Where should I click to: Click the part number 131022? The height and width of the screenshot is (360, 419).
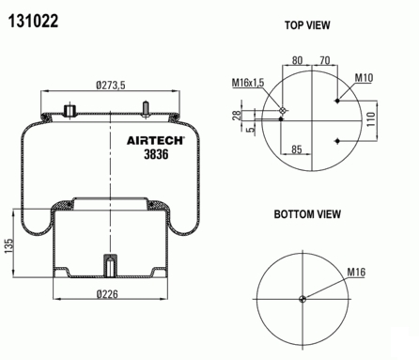(33, 22)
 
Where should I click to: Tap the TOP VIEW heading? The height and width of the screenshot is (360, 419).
(307, 25)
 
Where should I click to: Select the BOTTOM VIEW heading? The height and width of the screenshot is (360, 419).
(307, 214)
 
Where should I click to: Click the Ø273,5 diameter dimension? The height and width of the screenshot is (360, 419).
(111, 85)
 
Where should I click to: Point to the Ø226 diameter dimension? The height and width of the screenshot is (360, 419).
(107, 294)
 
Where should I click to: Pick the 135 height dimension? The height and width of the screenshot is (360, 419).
(9, 246)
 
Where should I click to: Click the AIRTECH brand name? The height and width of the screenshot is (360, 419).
(156, 140)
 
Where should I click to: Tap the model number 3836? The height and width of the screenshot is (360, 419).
(156, 154)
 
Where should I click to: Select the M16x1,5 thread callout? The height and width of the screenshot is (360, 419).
(248, 83)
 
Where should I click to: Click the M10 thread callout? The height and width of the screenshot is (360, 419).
(364, 78)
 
